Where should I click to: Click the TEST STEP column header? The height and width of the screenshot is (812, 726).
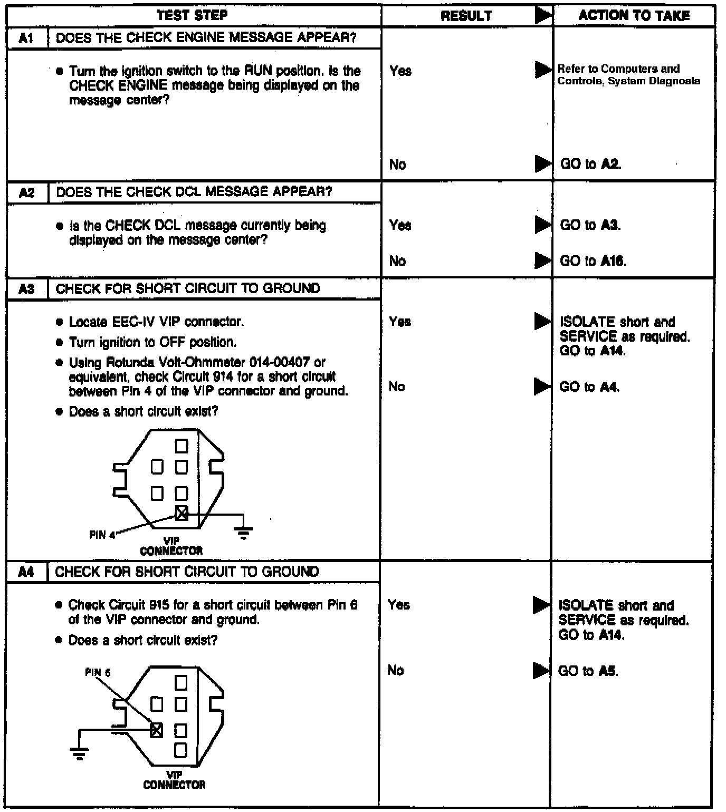tap(193, 15)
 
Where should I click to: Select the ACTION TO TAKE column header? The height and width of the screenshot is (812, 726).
tap(634, 15)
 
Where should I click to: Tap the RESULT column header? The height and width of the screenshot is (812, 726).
tap(466, 16)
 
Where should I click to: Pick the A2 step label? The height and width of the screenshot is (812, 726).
tap(27, 192)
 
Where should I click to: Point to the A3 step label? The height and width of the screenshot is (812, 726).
tap(27, 289)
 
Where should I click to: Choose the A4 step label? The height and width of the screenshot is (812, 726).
tap(26, 572)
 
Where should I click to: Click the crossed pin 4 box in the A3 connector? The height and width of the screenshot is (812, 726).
tap(181, 513)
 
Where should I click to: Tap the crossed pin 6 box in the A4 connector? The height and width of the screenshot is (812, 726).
tap(157, 730)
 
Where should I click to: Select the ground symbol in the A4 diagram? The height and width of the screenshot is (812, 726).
tap(79, 752)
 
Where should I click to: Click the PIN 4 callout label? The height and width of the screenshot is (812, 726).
tap(102, 535)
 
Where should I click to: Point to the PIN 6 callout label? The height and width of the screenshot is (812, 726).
tap(98, 673)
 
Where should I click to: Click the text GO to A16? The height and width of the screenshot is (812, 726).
tap(593, 261)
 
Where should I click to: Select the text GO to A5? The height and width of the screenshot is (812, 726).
tap(588, 671)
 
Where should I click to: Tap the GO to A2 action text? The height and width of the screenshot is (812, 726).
tap(590, 164)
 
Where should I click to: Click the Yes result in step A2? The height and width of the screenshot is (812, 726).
tap(400, 226)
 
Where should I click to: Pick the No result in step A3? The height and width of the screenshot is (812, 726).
tap(397, 386)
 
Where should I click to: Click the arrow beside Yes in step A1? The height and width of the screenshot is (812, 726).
tap(543, 70)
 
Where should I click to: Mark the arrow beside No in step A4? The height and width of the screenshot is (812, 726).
tap(541, 670)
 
